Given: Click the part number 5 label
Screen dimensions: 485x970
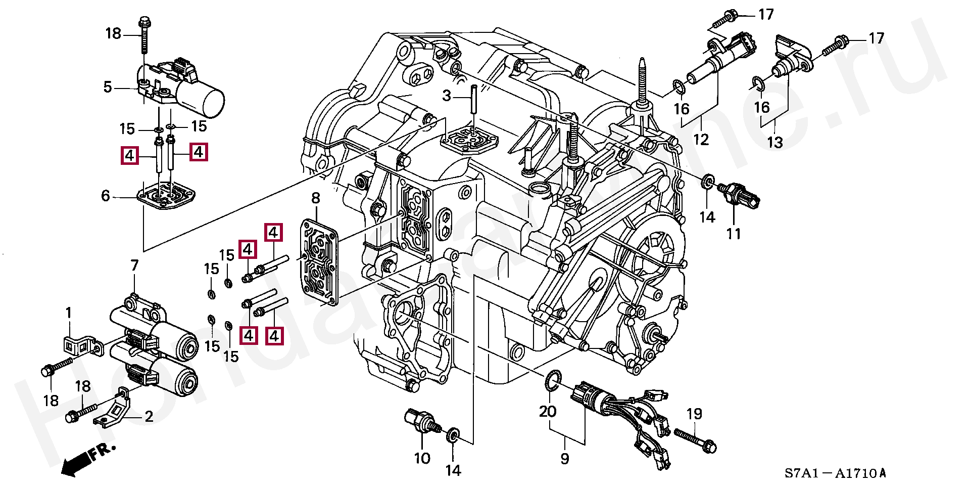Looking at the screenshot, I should tap(108, 87).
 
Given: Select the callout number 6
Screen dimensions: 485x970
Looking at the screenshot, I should tap(105, 196).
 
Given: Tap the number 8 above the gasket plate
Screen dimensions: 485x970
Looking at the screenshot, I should tap(316, 198).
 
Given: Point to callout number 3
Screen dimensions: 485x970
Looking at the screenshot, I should tap(447, 95).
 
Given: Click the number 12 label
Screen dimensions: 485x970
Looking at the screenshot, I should tap(701, 139).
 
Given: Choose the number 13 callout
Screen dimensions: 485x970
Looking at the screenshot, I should tap(774, 142).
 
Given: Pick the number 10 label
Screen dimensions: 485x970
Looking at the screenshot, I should tap(422, 458).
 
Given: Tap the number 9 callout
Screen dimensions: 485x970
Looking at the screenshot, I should tap(565, 458).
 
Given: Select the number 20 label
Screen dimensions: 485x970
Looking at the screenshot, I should tap(548, 411).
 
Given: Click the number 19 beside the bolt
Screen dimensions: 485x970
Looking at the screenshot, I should tap(695, 414).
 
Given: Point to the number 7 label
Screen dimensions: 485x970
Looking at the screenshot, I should tap(134, 265).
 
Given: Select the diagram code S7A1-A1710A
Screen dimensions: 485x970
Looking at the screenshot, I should tap(835, 473).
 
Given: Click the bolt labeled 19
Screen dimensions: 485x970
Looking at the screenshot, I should tap(695, 440).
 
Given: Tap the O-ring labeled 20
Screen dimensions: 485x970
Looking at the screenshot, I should tap(553, 380).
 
